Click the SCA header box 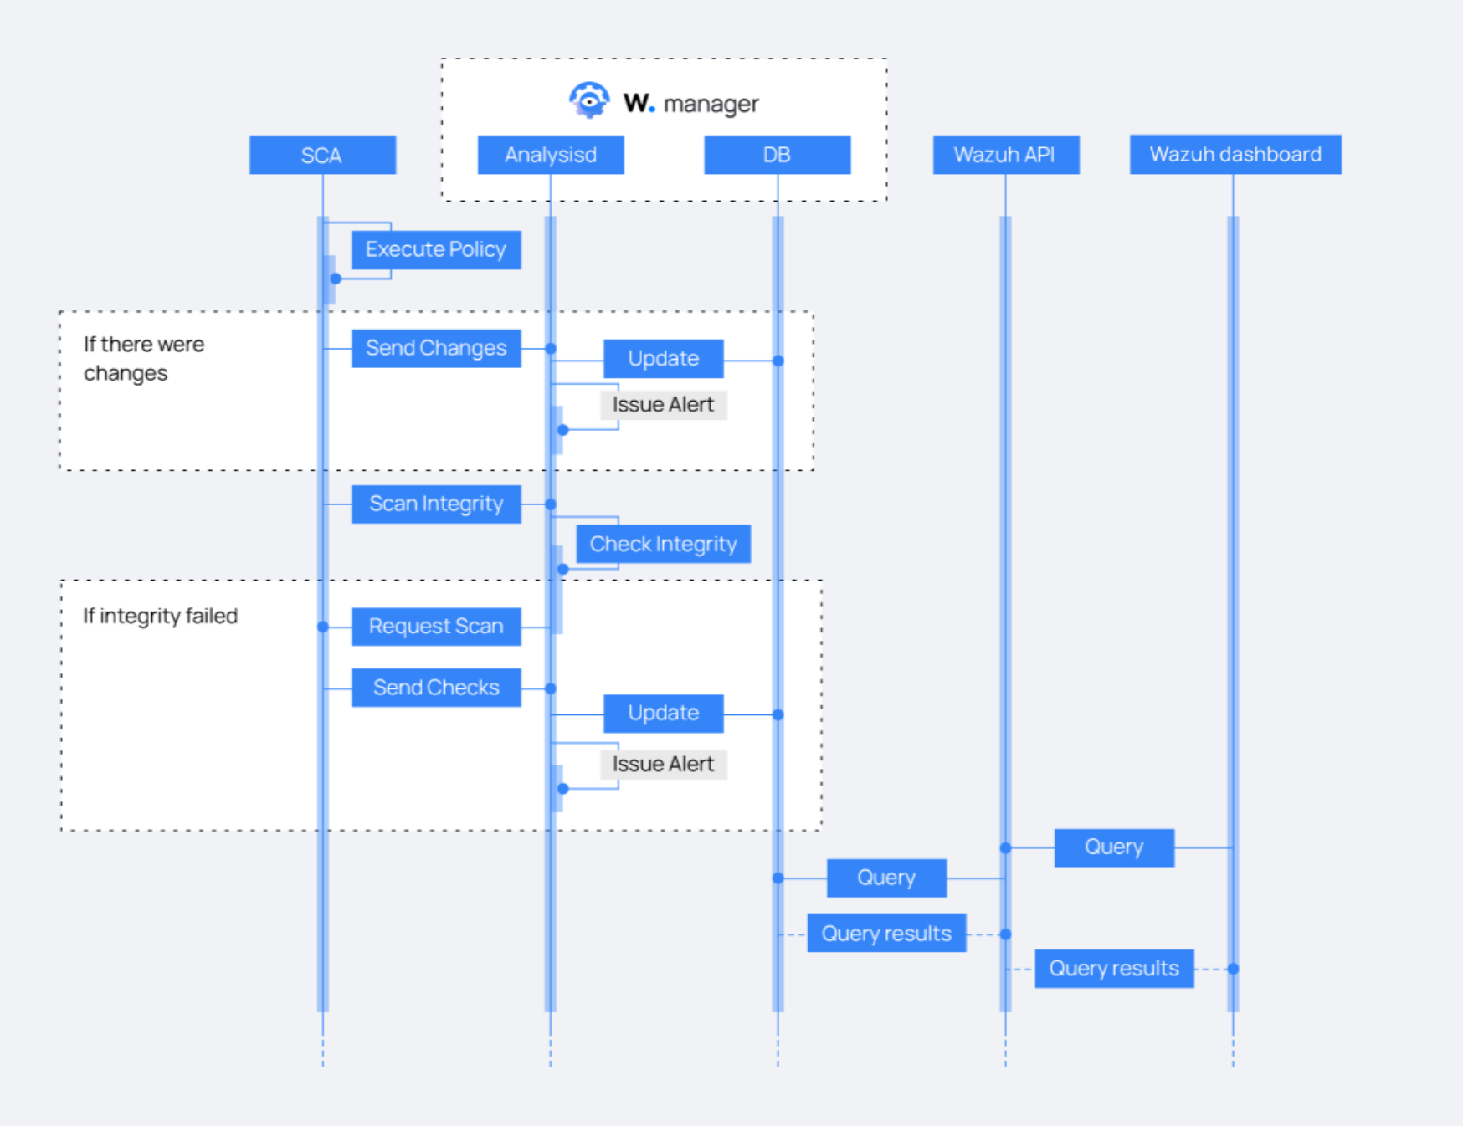pos(322,156)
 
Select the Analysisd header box pos(551,156)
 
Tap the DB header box pos(777,156)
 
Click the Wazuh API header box pos(1005,156)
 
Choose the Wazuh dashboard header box pos(1235,155)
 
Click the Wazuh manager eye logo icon pos(589,101)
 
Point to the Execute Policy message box pos(436,250)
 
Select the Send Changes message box pos(436,349)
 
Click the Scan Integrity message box pos(436,504)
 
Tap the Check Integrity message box pos(663,545)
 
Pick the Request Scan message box pos(436,627)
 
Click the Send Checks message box pos(436,688)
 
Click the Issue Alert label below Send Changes pos(663,405)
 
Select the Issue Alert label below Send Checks pos(663,765)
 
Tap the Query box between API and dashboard pos(1113,847)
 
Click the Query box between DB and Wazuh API pos(886,878)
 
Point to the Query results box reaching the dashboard pos(1113,969)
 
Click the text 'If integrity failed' pos(160,617)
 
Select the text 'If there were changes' pos(143,359)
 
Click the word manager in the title pos(711,104)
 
